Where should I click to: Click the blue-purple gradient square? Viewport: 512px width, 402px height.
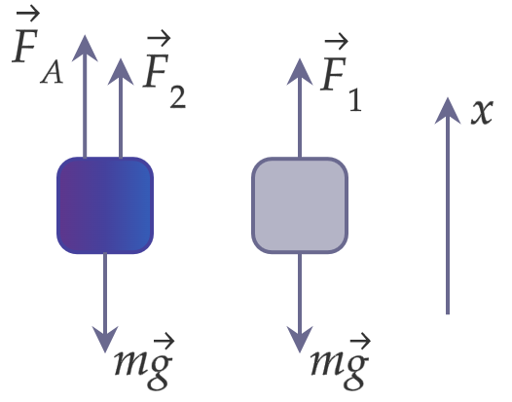[105, 205]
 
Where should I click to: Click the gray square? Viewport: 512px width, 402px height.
[300, 205]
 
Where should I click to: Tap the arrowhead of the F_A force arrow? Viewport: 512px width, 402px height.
[85, 48]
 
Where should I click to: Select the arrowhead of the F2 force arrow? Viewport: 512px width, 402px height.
[121, 72]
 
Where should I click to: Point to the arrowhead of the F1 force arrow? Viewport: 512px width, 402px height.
[300, 72]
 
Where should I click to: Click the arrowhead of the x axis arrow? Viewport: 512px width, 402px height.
[448, 111]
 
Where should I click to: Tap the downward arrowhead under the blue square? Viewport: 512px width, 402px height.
[105, 340]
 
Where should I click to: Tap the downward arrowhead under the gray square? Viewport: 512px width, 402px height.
[300, 340]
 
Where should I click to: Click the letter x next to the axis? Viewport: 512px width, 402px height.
[482, 112]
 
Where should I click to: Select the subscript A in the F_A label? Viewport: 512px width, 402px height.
[52, 74]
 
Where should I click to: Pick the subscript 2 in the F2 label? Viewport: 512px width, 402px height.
[178, 97]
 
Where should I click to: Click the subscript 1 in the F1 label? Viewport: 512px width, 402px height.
[355, 100]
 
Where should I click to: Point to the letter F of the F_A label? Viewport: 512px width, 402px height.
[25, 46]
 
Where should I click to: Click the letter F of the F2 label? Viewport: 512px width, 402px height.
[156, 71]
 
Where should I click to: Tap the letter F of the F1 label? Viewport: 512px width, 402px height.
[334, 74]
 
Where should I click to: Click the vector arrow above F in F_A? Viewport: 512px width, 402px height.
[28, 14]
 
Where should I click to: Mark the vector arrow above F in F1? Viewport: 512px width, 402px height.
[337, 42]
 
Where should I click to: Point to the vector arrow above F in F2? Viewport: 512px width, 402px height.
[159, 39]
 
